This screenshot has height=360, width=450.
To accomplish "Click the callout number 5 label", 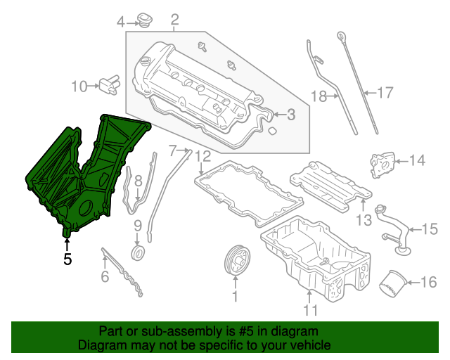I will pyautogui.click(x=67, y=259).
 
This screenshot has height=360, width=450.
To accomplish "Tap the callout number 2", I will pyautogui.click(x=174, y=20).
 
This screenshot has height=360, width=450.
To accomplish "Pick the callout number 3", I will pyautogui.click(x=292, y=114).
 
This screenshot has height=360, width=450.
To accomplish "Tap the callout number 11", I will pyautogui.click(x=310, y=309).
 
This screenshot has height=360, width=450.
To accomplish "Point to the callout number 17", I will pyautogui.click(x=385, y=91).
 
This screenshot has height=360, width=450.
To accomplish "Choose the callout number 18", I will pyautogui.click(x=320, y=96).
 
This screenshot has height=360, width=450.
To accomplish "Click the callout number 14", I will pyautogui.click(x=417, y=161).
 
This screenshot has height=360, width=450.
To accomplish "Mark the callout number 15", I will pyautogui.click(x=429, y=228).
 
